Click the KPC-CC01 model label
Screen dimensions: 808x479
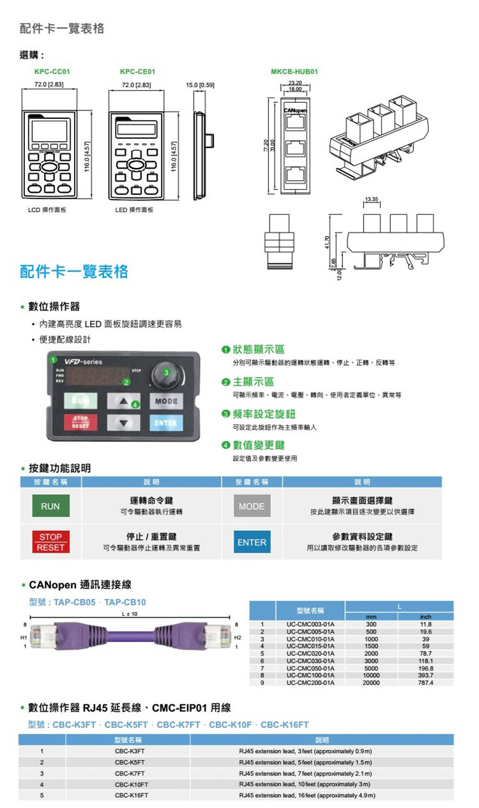click(x=52, y=72)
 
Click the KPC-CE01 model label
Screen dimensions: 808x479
click(x=137, y=72)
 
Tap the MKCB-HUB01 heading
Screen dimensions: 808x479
click(x=294, y=72)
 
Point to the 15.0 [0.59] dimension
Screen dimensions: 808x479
click(x=200, y=84)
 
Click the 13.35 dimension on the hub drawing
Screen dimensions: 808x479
click(x=372, y=200)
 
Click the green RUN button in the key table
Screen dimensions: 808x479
click(x=50, y=507)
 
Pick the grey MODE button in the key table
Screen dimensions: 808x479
click(x=252, y=507)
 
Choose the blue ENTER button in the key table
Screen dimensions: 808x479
click(x=252, y=542)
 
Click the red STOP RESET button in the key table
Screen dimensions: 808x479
click(x=50, y=542)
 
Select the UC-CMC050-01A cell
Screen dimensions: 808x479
click(x=310, y=667)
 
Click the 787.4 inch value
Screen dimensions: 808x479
click(x=425, y=682)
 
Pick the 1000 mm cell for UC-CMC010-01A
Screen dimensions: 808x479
click(x=371, y=638)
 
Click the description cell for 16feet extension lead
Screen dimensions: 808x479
click(x=307, y=795)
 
